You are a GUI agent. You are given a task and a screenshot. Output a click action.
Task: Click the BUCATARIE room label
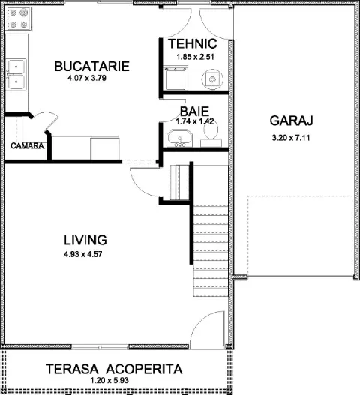coord(91,67)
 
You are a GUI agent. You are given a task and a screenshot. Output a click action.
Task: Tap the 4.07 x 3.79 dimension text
coord(87,78)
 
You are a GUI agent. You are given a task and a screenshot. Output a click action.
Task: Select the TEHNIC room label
coord(193,43)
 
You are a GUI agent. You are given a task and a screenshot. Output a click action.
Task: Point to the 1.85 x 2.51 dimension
coord(196,57)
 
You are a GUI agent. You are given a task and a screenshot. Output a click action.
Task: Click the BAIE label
coord(194,112)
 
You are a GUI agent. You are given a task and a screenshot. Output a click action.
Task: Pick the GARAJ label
coord(292,121)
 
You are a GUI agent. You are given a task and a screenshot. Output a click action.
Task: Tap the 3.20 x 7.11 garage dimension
coord(291,138)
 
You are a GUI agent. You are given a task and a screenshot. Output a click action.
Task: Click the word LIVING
coord(85,240)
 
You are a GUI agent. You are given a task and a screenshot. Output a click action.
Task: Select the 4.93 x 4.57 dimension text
coord(83,254)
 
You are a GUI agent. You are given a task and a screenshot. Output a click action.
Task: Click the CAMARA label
coord(27,146)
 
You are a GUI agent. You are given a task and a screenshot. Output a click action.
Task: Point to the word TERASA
coord(72,369)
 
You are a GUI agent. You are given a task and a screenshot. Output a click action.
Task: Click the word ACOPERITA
coord(144,369)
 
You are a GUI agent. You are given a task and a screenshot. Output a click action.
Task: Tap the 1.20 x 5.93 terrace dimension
coord(109,380)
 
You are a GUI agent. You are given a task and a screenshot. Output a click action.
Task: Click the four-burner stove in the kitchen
coord(19,19)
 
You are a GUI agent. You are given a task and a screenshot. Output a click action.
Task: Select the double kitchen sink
coord(16,74)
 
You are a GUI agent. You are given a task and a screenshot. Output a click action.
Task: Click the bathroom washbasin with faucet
coord(179,138)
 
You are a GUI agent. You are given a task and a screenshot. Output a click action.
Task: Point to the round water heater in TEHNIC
coord(212,79)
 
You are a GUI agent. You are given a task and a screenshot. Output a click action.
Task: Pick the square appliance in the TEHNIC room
coord(175,78)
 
